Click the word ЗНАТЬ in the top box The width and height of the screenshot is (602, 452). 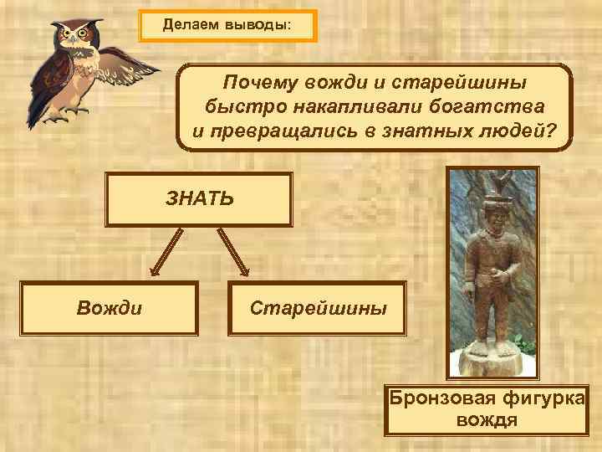[x=199, y=198]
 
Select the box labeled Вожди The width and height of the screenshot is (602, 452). [x=109, y=308]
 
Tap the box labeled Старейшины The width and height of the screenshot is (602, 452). [x=319, y=308]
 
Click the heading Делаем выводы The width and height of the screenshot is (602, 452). [x=227, y=25]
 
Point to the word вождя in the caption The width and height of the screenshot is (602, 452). [x=487, y=419]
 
